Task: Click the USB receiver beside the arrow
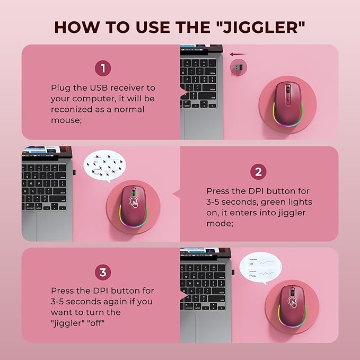click(x=238, y=67)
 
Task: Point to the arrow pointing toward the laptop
click(x=238, y=54)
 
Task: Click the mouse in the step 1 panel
click(x=287, y=101)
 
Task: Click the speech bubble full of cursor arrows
click(x=106, y=166)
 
